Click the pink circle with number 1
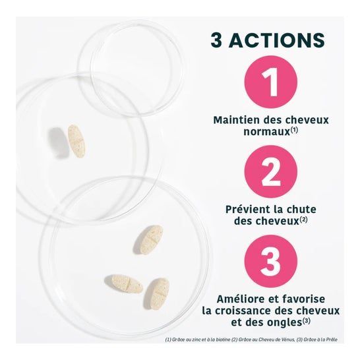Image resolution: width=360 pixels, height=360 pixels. point(270,82)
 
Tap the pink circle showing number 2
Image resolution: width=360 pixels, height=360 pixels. point(270,171)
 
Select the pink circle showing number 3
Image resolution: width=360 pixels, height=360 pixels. point(270,261)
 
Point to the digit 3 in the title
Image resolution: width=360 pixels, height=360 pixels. point(216,40)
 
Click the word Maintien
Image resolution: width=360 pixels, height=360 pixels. point(237,120)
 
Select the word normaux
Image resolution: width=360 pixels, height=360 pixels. point(267,132)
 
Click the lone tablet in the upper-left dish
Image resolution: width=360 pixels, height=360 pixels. point(76,141)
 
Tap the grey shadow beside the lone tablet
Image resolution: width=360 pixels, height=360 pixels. point(57,142)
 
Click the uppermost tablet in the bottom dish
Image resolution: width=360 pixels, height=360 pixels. point(148,239)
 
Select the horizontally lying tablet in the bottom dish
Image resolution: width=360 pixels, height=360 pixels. point(124,284)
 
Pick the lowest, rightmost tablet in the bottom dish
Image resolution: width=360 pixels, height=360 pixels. point(157,294)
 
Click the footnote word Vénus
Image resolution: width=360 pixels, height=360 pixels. point(288,340)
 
